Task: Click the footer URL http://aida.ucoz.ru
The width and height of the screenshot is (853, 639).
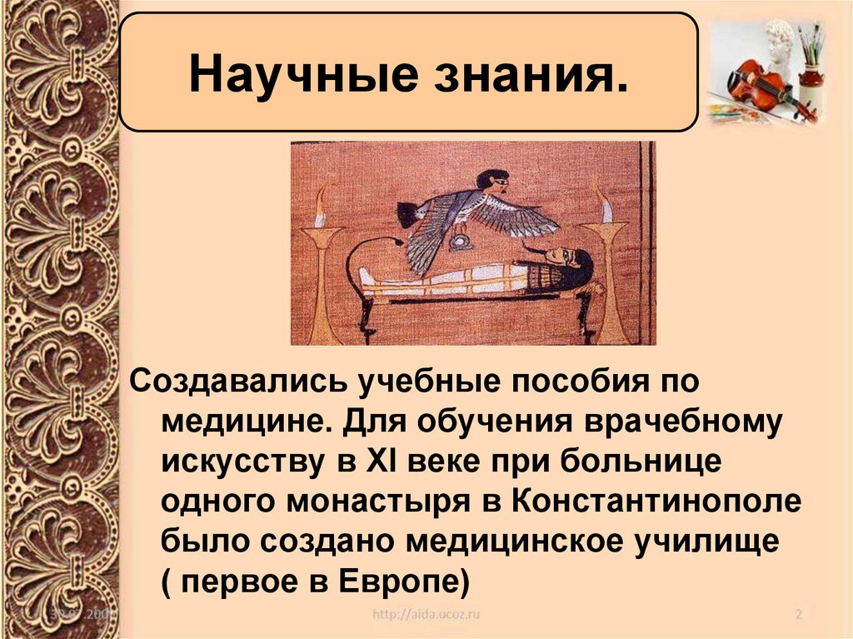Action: [426, 615]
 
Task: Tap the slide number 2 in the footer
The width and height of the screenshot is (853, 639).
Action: [797, 616]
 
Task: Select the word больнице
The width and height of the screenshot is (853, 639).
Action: [638, 462]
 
